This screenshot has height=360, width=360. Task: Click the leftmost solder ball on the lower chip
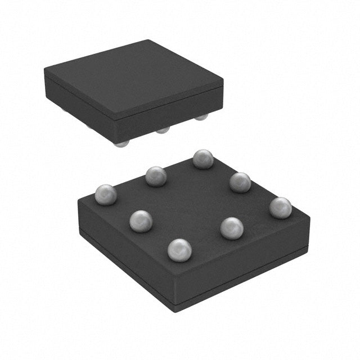(x=106, y=194)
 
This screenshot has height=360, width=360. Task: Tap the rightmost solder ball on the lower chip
(x=280, y=208)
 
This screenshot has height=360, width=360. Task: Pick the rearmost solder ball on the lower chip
(x=203, y=159)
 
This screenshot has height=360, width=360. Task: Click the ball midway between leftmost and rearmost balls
(x=156, y=176)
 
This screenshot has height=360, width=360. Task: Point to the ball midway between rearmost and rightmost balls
(x=240, y=182)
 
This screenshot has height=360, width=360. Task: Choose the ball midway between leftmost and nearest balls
(x=141, y=220)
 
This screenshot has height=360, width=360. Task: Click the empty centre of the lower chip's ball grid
(x=191, y=202)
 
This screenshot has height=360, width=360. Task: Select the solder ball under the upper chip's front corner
(x=121, y=143)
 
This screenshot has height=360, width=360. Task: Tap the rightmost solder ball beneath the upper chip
(x=201, y=116)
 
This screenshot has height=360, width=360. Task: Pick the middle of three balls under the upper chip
(x=163, y=130)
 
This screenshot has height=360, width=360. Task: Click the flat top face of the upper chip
(x=135, y=79)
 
